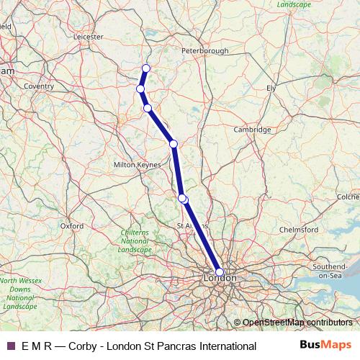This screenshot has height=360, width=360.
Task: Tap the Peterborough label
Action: pyautogui.click(x=205, y=51)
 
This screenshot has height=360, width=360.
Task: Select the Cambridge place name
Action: pyautogui.click(x=252, y=130)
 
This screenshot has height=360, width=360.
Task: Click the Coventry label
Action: pyautogui.click(x=39, y=86)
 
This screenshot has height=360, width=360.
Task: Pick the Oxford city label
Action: pyautogui.click(x=72, y=225)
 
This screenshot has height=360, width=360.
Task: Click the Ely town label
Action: pyautogui.click(x=271, y=87)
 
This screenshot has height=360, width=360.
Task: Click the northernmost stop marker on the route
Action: pyautogui.click(x=145, y=68)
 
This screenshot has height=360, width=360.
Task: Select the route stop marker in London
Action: pyautogui.click(x=220, y=272)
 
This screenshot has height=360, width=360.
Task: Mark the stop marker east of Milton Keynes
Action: pyautogui.click(x=174, y=144)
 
